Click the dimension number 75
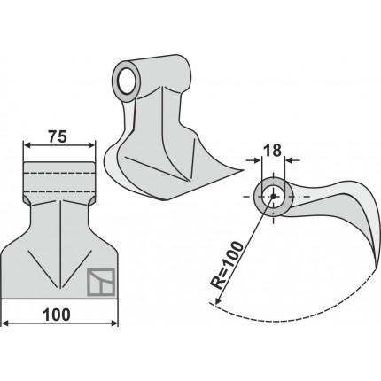[x=58, y=136]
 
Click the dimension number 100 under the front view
[x=57, y=315]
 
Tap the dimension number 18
[x=273, y=151]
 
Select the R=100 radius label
[x=227, y=265]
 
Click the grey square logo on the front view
[x=101, y=283]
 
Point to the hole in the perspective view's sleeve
[x=125, y=82]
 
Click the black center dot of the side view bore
[x=274, y=196]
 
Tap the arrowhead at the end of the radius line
[x=218, y=300]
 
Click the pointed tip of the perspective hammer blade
[x=243, y=170]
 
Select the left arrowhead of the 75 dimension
[x=27, y=145]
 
